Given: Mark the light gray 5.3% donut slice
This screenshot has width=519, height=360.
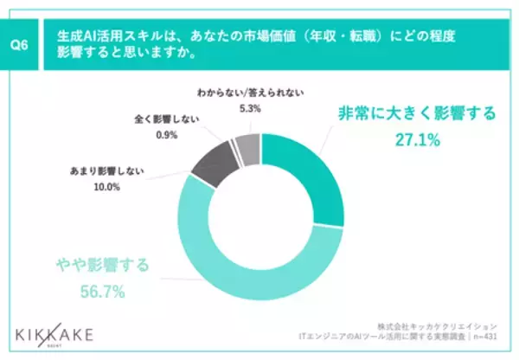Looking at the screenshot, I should coord(247,149).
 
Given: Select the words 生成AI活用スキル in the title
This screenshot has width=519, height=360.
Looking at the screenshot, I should coord(99,39).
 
